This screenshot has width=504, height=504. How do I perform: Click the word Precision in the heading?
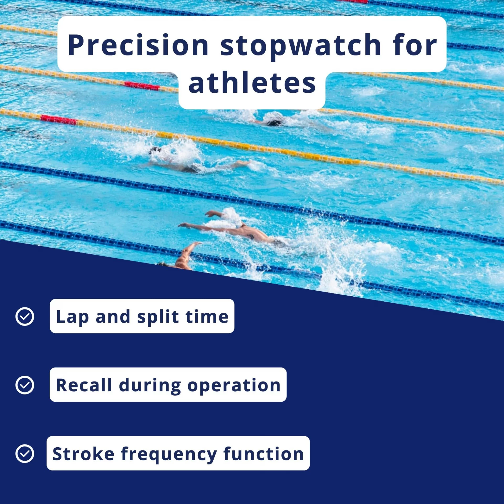click(138, 45)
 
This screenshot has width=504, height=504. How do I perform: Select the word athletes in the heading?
click(252, 82)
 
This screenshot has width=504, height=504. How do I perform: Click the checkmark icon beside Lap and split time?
click(25, 317)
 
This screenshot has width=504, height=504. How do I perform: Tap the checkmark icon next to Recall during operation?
click(25, 385)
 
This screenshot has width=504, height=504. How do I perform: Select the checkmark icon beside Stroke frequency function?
click(25, 454)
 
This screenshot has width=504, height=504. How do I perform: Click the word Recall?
click(84, 385)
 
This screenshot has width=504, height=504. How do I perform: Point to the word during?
click(150, 386)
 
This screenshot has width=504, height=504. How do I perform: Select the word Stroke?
click(83, 454)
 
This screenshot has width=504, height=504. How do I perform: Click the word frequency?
click(169, 455)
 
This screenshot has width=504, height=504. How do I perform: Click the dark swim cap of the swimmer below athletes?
click(274, 123)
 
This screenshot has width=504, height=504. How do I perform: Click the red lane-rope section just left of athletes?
click(142, 86)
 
